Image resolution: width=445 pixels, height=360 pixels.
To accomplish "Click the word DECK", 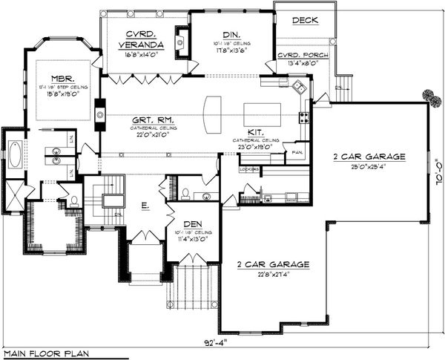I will [x=304, y=20].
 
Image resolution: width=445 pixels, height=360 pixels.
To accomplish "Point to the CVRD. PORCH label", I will [x=297, y=56].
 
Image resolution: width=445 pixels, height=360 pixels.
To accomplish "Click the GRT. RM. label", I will [x=154, y=120].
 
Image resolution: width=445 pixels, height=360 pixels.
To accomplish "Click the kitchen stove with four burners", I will [x=303, y=117].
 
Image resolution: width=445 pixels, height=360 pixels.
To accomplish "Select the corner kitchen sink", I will [x=298, y=88].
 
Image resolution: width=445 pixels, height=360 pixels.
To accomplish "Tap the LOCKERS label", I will [x=249, y=169].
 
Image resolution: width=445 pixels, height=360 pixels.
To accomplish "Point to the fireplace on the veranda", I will [x=179, y=39].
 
